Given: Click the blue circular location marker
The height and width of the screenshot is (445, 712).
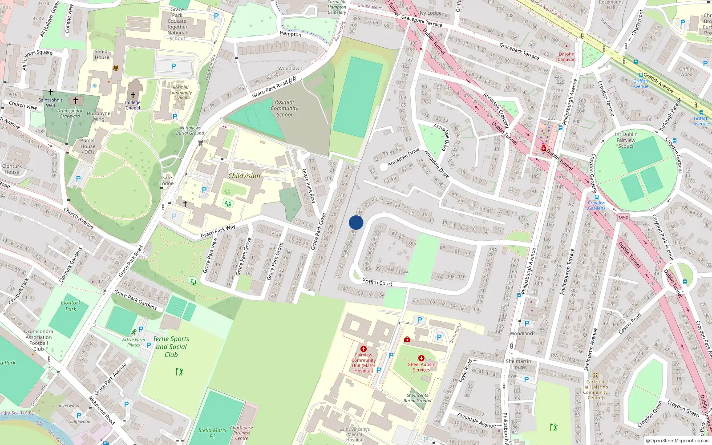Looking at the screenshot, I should pyautogui.click(x=356, y=222).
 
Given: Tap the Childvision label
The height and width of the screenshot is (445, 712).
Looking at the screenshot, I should pyautogui.click(x=244, y=176).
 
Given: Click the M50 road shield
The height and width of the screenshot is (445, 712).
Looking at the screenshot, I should pyautogui.click(x=623, y=218).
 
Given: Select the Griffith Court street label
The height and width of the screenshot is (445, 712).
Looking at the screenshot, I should pyautogui.click(x=377, y=282).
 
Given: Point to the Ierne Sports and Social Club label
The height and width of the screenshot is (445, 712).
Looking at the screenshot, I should pyautogui.click(x=171, y=347).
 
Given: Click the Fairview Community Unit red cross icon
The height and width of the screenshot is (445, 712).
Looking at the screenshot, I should pyautogui.click(x=364, y=349).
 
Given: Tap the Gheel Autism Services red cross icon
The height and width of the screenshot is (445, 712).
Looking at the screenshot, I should pyautogui.click(x=421, y=358).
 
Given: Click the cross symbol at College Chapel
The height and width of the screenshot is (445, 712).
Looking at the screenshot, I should pyautogui.click(x=133, y=95).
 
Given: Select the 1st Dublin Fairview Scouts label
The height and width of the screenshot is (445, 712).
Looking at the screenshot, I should pyautogui.click(x=626, y=140).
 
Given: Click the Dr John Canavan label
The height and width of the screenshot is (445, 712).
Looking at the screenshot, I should pyautogui.click(x=566, y=57).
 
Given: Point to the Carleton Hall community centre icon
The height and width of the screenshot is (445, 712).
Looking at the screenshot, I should pyautogui.click(x=595, y=376).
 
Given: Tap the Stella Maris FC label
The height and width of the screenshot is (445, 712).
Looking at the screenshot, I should pyautogui.click(x=212, y=433).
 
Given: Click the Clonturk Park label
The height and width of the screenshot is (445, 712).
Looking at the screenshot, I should pyautogui.click(x=71, y=306).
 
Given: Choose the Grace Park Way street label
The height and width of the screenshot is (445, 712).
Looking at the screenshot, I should pyautogui.click(x=218, y=231).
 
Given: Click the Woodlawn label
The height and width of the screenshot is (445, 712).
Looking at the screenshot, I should pyautogui.click(x=290, y=69).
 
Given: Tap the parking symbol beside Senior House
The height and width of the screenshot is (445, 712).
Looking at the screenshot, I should pyautogui.click(x=174, y=66).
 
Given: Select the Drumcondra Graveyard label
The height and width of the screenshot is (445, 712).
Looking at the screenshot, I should pyautogui.click(x=70, y=113).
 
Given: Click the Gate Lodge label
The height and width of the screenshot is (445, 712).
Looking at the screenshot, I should pyautogui.click(x=166, y=180).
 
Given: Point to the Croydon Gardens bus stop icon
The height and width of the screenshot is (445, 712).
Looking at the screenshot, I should pyautogui.click(x=596, y=197).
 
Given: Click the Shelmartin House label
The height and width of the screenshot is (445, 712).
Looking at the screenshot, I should pyautogui.click(x=518, y=364).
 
